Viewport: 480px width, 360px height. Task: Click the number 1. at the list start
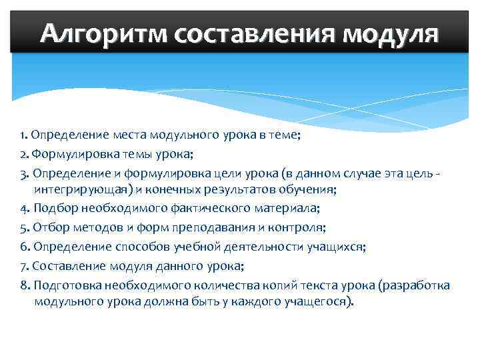point(23,136)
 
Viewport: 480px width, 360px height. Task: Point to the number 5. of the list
point(24,227)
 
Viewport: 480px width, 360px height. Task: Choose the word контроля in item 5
point(298,227)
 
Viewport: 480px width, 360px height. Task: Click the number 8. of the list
point(24,285)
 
